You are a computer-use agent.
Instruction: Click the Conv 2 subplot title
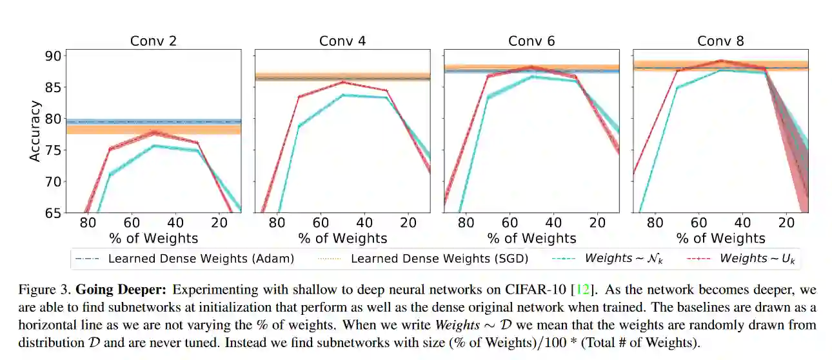click(154, 41)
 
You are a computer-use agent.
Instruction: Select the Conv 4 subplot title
click(342, 41)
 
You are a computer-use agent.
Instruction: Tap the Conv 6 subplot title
click(531, 41)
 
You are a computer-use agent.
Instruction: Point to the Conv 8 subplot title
click(720, 41)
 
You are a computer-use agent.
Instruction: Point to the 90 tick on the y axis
click(54, 56)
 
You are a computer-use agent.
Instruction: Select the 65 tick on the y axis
click(54, 213)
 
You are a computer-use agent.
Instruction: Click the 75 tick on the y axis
click(54, 150)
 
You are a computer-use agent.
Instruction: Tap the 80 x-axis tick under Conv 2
click(88, 223)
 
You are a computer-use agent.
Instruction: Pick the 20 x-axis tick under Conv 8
click(786, 223)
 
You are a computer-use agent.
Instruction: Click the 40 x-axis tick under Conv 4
click(364, 223)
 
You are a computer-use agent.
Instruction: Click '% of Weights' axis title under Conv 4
click(342, 238)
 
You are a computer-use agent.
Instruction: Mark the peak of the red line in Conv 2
click(154, 132)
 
